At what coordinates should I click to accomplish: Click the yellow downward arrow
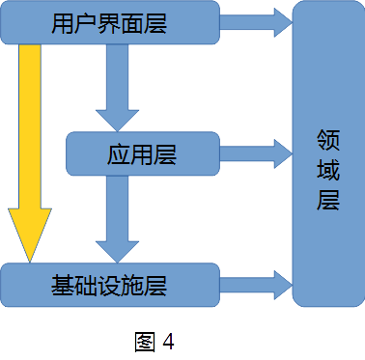[x=30, y=145]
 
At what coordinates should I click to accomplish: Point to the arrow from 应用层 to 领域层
[x=256, y=152]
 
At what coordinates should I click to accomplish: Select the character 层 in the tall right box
[x=328, y=199]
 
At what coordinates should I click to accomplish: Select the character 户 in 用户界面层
[x=85, y=24]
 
